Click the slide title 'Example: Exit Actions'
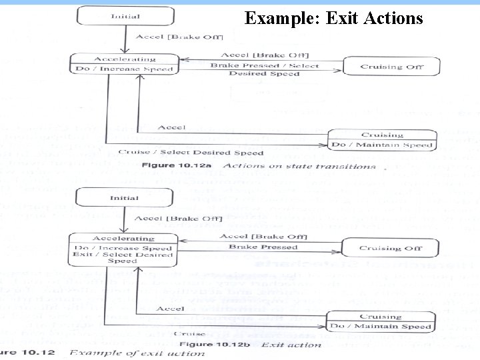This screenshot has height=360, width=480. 333,18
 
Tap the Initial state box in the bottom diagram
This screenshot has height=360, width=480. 125,198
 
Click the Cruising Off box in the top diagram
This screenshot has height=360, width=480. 391,67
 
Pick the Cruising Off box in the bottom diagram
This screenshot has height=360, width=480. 390,248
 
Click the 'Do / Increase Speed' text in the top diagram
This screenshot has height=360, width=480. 125,69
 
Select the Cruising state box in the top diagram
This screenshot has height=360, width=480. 382,140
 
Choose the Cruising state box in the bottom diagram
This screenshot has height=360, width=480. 381,321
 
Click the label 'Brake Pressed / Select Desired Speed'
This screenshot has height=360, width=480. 265,69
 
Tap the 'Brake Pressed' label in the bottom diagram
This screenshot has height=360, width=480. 263,247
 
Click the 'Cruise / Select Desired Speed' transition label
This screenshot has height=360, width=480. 191,153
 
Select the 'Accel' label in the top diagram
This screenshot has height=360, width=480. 171,127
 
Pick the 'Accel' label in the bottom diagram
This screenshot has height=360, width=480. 170,309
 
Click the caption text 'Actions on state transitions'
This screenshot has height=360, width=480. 299,166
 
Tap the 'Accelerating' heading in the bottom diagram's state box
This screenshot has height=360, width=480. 123,238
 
